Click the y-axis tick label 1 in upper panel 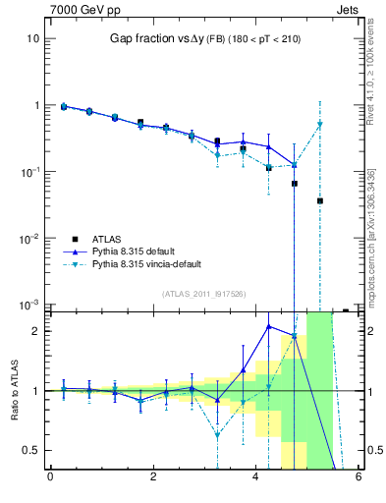[35, 105]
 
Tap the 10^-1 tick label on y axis [29, 171]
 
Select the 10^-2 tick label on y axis [29, 238]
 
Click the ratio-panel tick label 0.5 [30, 450]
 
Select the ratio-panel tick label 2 [35, 331]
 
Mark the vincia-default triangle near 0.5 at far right [320, 124]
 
